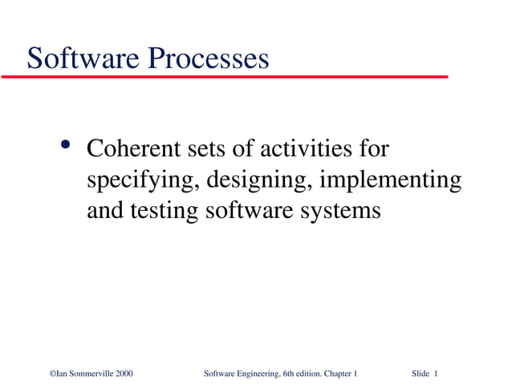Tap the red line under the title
(225, 77)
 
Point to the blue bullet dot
(66, 147)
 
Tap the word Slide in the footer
(421, 374)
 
